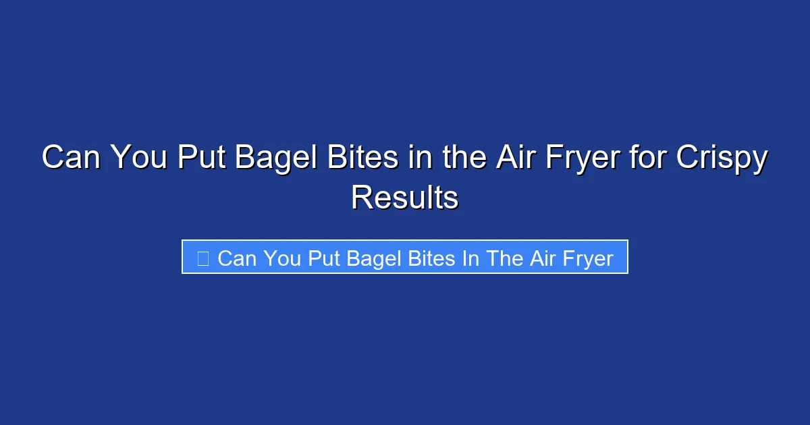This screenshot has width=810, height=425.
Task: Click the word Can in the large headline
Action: coord(72,159)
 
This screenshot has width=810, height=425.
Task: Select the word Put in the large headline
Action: coord(200,159)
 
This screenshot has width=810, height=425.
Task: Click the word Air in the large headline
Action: coord(516,159)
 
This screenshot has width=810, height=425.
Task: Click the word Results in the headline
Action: coord(405,198)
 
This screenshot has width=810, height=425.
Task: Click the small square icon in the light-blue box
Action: coord(202,258)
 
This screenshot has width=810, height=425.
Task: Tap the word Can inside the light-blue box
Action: coord(238,258)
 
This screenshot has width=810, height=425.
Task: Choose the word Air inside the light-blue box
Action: coord(542,258)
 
